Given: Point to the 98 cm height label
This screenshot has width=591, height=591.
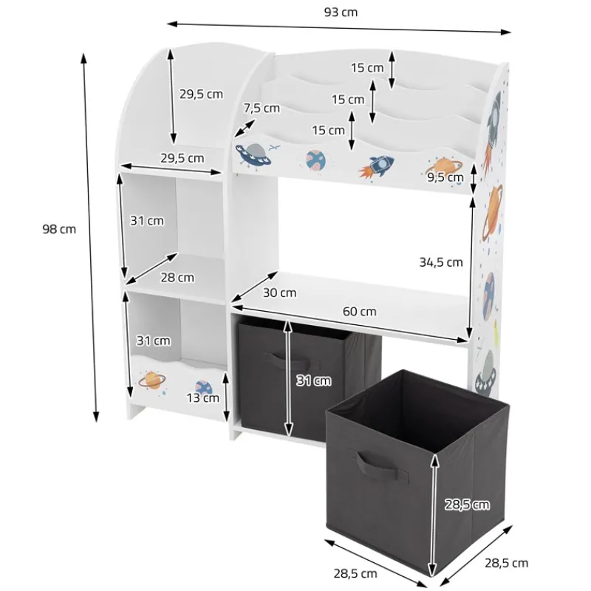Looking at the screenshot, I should pos(59,229).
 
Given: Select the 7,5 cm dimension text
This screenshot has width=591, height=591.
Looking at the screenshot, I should pos(262,108).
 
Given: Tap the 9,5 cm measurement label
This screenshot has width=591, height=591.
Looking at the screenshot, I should pos(445,177).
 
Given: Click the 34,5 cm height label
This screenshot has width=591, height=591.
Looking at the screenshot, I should pos(440,262).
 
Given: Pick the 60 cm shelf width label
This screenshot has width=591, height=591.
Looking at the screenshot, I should pos(358,312).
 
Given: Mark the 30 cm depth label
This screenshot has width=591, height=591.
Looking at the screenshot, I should pos(279,293).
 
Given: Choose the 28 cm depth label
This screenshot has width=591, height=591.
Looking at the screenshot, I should pos(177,277).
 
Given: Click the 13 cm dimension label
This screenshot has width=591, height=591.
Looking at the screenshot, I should pos(202,397).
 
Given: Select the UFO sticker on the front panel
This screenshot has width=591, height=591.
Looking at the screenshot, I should pos(251,155).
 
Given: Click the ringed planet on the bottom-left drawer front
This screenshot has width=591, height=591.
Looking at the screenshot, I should pos(152,380).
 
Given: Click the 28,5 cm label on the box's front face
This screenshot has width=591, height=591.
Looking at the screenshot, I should pos(467,505).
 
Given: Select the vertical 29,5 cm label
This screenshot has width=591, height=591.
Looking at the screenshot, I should pos(201,94).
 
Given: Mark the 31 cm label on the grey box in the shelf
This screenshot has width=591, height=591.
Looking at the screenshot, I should pos(313,381).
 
